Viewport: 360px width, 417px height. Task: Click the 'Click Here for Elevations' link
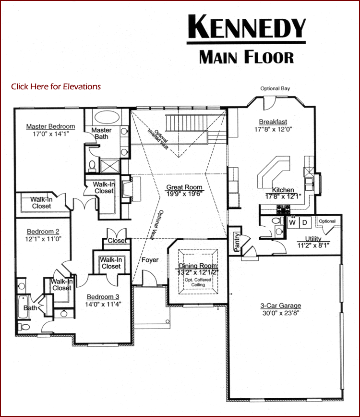(x=56, y=86)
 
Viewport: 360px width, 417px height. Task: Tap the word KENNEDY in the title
(x=247, y=26)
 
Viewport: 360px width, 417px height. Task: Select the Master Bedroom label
(x=50, y=126)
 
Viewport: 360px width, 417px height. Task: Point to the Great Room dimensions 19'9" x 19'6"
(x=184, y=194)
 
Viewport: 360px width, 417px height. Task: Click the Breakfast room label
(x=273, y=122)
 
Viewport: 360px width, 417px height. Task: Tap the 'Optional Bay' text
(x=275, y=88)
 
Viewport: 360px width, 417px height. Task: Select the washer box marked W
(x=293, y=222)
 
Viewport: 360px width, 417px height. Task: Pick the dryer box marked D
(x=305, y=222)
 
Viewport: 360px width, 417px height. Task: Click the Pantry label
(x=237, y=242)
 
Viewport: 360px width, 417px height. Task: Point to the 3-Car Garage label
(x=281, y=306)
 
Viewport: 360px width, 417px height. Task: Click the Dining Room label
(x=198, y=266)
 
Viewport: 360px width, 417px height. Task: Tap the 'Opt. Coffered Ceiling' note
(x=198, y=282)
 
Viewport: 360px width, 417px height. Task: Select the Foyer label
(x=150, y=260)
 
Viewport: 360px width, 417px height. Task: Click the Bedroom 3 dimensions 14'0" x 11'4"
(x=103, y=304)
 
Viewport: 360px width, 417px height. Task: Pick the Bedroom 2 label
(x=43, y=232)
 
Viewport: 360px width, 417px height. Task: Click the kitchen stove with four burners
(x=283, y=209)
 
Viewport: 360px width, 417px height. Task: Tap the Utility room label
(x=313, y=239)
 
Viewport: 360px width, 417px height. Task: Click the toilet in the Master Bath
(x=92, y=165)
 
